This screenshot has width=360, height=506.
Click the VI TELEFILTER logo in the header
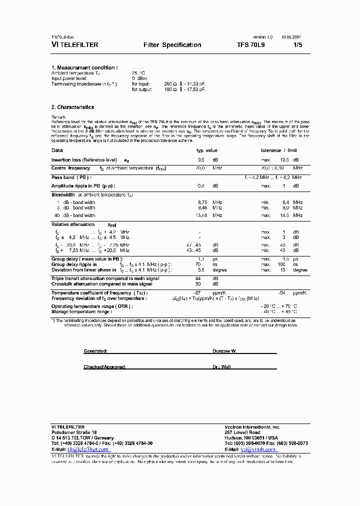tap(74, 45)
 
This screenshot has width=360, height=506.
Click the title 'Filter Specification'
tap(172, 45)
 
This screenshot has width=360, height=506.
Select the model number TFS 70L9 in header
tap(254, 45)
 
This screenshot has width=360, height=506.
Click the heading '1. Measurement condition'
tap(84, 67)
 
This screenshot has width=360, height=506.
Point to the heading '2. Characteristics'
tap(72, 107)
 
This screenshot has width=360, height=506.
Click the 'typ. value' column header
tap(206, 150)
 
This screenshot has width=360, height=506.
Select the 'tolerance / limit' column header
tap(278, 150)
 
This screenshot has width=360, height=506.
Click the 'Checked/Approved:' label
tap(104, 366)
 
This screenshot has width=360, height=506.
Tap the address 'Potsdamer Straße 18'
tap(74, 432)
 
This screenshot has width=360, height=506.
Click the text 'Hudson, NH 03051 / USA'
tap(251, 437)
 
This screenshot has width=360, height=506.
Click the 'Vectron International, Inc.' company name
tap(252, 427)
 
